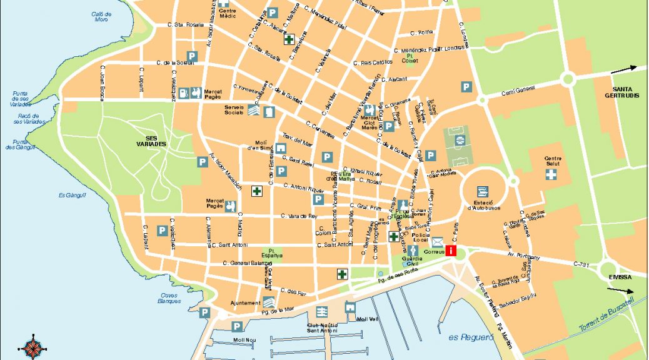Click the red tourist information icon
[451, 251]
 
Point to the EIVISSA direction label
[621, 277]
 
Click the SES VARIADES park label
[156, 141]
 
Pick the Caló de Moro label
[101, 17]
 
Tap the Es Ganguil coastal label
[72, 195]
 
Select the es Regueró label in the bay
[466, 337]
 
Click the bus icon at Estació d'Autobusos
[482, 191]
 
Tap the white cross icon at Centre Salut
[551, 174]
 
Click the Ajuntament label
[245, 303]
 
